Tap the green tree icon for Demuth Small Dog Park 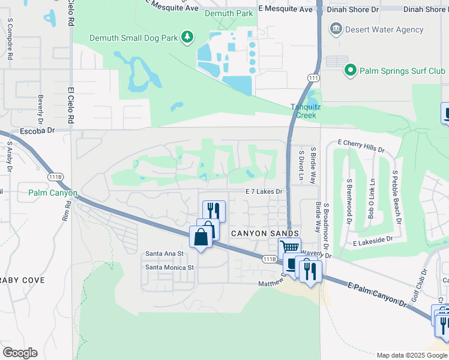(188, 38)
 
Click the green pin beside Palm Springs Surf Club (351, 71)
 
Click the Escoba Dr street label (37, 130)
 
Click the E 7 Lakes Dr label (264, 191)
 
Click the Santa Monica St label (170, 267)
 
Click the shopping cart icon (289, 247)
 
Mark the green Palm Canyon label (52, 193)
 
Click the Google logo (19, 353)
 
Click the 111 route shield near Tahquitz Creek (313, 79)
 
